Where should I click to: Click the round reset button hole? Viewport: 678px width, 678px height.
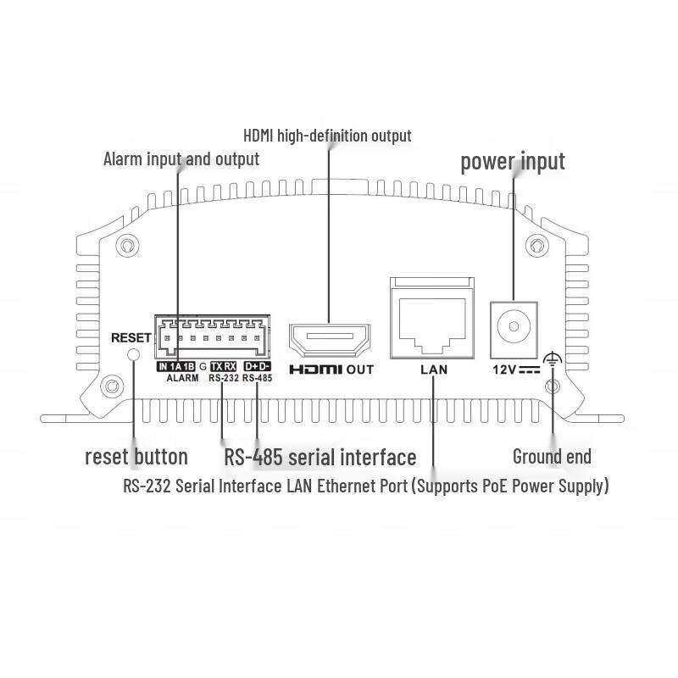(134, 354)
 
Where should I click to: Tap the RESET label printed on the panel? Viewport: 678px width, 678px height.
(131, 337)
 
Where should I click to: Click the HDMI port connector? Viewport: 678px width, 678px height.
(330, 341)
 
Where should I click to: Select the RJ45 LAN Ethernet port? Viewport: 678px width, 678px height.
(432, 319)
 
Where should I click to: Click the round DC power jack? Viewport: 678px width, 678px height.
(514, 326)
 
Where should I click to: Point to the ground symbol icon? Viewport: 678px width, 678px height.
(553, 358)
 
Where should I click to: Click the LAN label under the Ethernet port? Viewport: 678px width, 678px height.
(434, 370)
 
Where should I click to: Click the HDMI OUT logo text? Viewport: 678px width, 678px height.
(331, 370)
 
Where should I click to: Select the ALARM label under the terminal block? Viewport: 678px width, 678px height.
(183, 378)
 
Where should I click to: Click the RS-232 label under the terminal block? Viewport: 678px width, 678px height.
(224, 378)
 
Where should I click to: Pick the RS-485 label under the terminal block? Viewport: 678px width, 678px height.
(258, 378)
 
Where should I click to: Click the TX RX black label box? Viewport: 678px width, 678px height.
(224, 367)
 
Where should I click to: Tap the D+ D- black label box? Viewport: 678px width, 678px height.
(258, 367)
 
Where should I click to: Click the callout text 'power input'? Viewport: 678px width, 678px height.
(513, 162)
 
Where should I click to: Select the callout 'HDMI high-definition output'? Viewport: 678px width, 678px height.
(327, 136)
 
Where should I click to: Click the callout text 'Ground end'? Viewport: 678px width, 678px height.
(553, 456)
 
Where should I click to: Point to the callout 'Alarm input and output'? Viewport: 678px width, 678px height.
(181, 159)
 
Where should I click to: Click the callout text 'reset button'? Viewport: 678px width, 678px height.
(136, 457)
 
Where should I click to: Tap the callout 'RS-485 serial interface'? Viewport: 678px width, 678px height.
(320, 457)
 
